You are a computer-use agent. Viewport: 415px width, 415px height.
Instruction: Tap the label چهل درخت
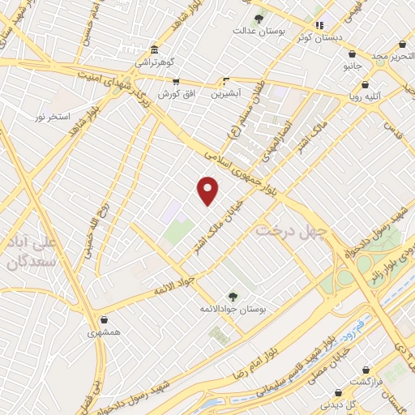coord(290,232)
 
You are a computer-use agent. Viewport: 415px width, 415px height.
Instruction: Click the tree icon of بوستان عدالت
coord(259,19)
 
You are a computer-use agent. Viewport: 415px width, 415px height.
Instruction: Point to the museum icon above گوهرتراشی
coord(155,50)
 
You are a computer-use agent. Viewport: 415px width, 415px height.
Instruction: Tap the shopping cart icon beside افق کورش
coord(174,81)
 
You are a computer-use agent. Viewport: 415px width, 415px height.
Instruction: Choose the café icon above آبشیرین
coord(227,81)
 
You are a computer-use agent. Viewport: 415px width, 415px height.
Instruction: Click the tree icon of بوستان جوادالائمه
coord(233,297)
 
